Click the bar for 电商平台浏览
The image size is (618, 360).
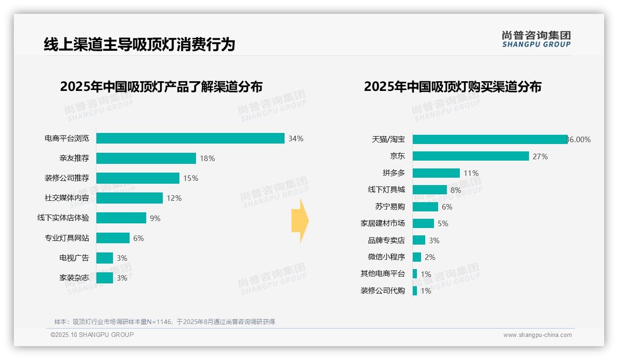(190, 138)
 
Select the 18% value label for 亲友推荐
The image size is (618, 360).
(207, 158)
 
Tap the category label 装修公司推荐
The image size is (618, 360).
(67, 178)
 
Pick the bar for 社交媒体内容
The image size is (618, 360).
(130, 198)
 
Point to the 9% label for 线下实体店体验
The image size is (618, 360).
(155, 218)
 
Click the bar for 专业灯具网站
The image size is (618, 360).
(113, 238)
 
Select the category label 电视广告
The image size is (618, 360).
(74, 258)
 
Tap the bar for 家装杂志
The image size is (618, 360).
(105, 278)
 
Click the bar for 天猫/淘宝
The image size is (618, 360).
(490, 139)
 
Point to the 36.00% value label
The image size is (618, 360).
(579, 139)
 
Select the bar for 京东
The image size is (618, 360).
(470, 156)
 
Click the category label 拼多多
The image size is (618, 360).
(393, 173)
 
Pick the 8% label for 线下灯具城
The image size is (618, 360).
(456, 190)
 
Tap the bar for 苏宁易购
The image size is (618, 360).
(425, 207)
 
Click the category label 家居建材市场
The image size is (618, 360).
(382, 223)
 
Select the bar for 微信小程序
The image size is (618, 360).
(417, 257)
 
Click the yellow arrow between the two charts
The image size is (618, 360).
(300, 221)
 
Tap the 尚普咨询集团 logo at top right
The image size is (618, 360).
(536, 39)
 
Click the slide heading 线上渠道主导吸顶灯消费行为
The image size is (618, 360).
(139, 44)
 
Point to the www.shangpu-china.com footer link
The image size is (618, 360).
(537, 335)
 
